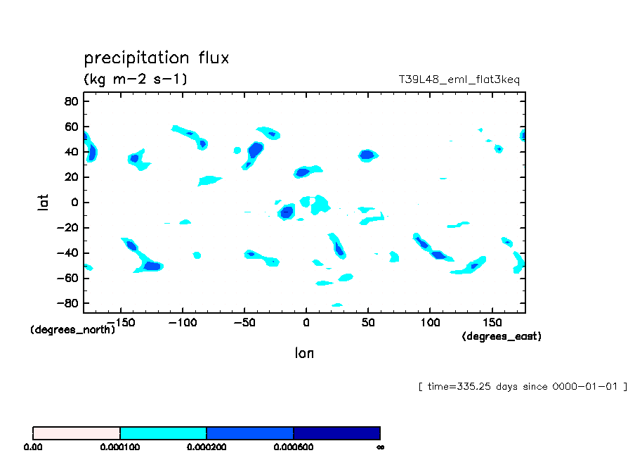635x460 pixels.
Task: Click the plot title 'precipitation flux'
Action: coord(157,58)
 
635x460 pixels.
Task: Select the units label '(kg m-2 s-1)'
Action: coord(136,79)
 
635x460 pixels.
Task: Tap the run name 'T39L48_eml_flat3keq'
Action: coord(459,79)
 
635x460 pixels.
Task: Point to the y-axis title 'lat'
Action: coord(43,203)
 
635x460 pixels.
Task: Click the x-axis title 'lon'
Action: coord(304,353)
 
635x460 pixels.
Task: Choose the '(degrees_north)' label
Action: coord(72,329)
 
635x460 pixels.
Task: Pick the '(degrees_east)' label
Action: coord(502,336)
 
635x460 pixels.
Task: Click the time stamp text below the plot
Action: coord(523,387)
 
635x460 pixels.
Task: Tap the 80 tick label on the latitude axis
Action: coord(70,101)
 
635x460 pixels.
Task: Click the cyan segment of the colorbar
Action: coord(163,433)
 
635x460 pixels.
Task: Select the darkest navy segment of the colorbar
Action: coord(336,433)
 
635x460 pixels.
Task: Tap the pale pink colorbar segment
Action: coord(77,433)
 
